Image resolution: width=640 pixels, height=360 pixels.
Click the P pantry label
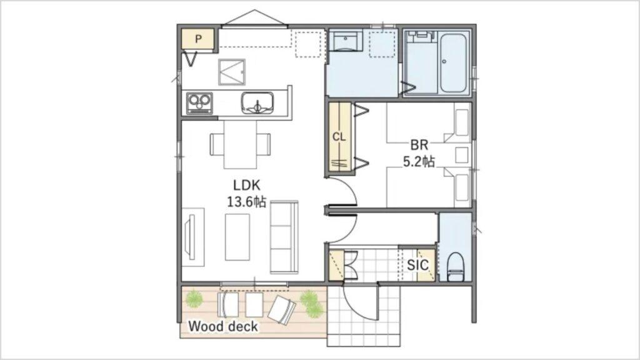(198, 39)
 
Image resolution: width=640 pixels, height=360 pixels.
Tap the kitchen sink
(257, 103)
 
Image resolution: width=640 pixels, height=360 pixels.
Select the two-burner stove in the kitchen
(199, 103)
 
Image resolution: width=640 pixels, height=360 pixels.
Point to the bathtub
(453, 64)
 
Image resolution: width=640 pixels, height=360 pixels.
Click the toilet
(456, 267)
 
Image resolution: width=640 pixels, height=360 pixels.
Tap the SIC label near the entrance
(417, 265)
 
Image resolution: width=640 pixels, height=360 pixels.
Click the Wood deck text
(223, 326)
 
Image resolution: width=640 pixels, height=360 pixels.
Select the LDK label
(246, 185)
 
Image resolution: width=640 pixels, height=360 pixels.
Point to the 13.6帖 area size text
(246, 202)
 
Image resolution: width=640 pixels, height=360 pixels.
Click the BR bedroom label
(419, 144)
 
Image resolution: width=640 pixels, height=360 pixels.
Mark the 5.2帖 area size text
(419, 161)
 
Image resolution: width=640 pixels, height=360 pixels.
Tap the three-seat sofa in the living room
(284, 237)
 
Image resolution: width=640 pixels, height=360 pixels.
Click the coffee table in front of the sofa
(237, 237)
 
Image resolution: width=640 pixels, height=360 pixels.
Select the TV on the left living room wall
(190, 237)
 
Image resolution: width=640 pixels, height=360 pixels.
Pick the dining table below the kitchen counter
(241, 144)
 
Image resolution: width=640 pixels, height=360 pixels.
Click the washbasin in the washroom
(346, 41)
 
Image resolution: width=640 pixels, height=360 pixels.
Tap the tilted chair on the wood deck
(281, 310)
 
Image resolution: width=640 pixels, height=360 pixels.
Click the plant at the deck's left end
(194, 298)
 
